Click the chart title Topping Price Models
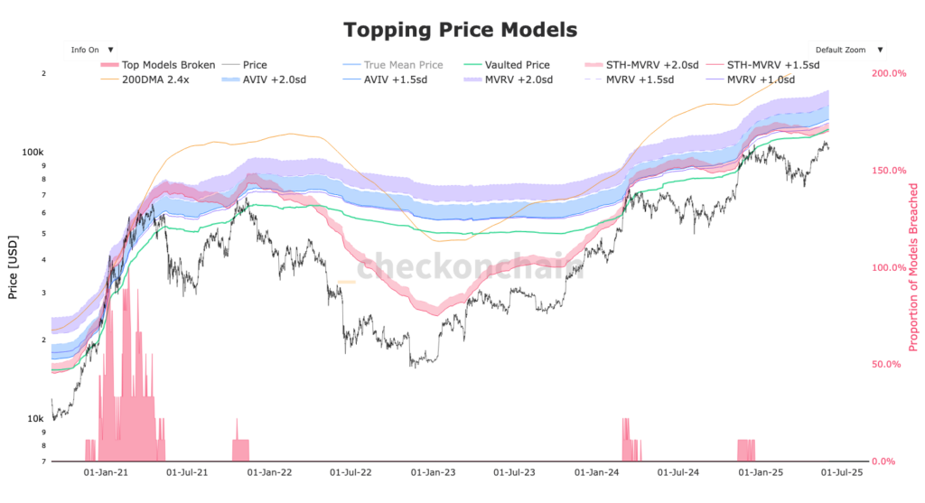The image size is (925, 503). pyautogui.click(x=460, y=30)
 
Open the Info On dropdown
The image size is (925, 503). pyautogui.click(x=91, y=50)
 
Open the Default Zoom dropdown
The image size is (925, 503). pyautogui.click(x=847, y=50)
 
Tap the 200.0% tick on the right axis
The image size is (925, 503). pyautogui.click(x=886, y=73)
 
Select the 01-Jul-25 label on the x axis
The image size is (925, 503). pyautogui.click(x=840, y=471)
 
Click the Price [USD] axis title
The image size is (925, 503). pyautogui.click(x=13, y=268)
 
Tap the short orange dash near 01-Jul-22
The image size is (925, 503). pyautogui.click(x=347, y=282)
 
